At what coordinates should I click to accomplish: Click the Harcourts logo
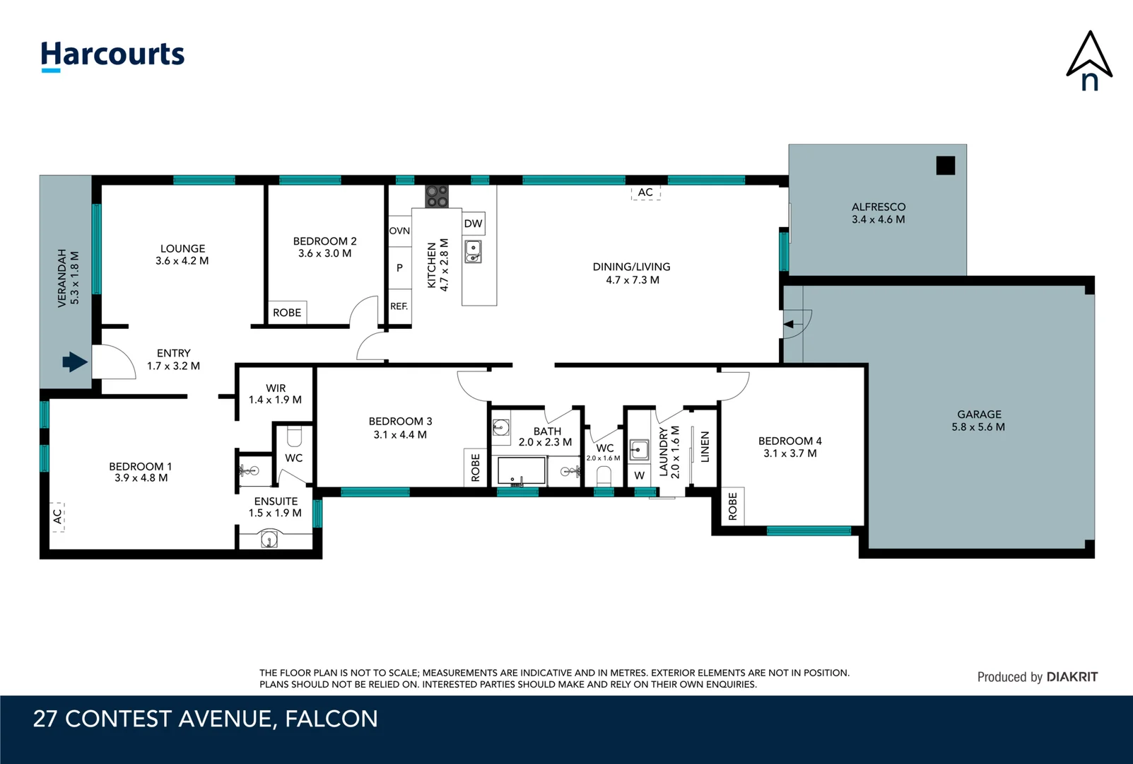112,56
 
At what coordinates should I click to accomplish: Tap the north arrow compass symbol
1089,61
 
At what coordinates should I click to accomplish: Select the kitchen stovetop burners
437,197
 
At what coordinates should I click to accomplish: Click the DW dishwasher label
474,224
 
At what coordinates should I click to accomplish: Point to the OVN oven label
399,231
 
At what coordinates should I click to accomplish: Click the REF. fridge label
399,306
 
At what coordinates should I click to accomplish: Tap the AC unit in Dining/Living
645,192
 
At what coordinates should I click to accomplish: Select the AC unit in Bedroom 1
58,517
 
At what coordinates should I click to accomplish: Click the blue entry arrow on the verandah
75,362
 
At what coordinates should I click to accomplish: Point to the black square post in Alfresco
946,166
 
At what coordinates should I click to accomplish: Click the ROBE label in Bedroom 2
287,313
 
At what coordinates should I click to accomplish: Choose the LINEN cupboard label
705,447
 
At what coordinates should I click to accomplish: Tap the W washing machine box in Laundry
640,475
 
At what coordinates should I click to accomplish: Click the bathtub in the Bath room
522,471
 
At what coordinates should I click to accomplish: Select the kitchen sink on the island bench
473,252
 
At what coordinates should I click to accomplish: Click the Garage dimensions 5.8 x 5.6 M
978,427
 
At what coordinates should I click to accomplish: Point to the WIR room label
276,388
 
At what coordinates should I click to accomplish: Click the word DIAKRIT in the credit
1072,677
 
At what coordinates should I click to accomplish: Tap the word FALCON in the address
331,719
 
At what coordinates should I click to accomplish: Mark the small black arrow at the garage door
789,325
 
